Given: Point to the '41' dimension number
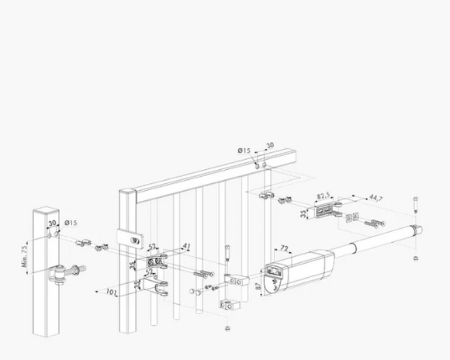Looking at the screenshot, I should click(187, 247).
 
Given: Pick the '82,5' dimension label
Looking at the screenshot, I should click(324, 196).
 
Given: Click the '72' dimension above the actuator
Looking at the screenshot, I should click(284, 249).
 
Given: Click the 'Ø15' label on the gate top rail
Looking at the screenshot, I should click(244, 151).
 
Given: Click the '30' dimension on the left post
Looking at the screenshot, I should click(52, 223).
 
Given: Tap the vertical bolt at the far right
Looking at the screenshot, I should click(417, 204).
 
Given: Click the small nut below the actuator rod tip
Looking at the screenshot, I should click(417, 256).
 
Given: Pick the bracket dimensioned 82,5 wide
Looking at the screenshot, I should click(325, 211).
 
